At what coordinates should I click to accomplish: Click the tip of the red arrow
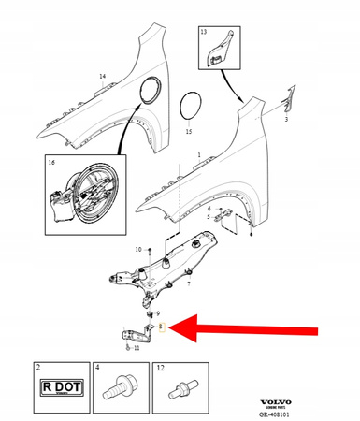[170, 327]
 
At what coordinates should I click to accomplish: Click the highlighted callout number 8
[161, 327]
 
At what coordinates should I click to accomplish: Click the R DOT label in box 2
[56, 386]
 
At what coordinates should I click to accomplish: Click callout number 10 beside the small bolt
[137, 250]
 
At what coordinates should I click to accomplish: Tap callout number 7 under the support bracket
[188, 283]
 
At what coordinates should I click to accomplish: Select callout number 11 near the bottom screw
[137, 348]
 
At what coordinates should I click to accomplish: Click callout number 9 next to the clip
[158, 312]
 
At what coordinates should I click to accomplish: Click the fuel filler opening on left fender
[147, 91]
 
